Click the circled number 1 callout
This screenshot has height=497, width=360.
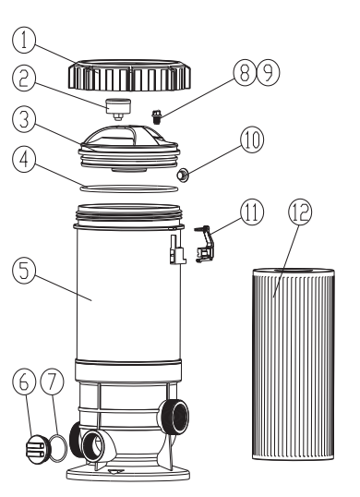click(x=24, y=41)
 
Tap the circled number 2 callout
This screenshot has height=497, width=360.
click(x=24, y=79)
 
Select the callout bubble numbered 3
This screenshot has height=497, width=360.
click(x=24, y=120)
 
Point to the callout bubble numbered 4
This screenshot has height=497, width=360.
click(x=24, y=161)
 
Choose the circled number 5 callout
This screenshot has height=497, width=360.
click(x=24, y=271)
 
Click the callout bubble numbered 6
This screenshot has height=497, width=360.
click(x=24, y=382)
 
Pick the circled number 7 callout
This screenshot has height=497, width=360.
click(x=53, y=382)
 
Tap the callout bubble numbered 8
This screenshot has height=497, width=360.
click(x=245, y=73)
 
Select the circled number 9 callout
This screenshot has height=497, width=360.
click(x=268, y=73)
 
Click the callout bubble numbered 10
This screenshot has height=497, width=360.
click(x=252, y=139)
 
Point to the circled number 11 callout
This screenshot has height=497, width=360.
click(x=252, y=212)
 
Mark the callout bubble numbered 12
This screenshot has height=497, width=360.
click(x=300, y=212)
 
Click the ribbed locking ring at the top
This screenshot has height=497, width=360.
click(x=130, y=75)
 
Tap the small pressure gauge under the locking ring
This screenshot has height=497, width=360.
click(x=118, y=109)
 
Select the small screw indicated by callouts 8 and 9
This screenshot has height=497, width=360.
click(x=156, y=116)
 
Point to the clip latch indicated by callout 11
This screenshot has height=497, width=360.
click(x=205, y=244)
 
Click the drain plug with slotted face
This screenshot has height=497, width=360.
click(x=37, y=449)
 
